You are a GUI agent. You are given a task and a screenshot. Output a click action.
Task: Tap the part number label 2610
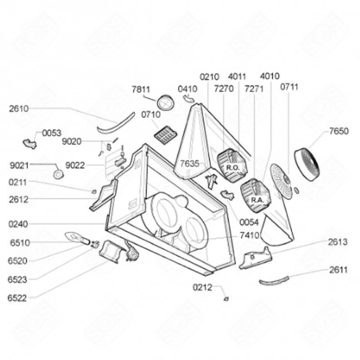pos(19,109)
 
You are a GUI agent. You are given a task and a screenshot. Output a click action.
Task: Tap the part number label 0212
pos(202,288)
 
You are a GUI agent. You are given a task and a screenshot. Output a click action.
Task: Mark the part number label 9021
pos(19,165)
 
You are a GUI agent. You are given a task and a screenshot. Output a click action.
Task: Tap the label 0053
pos(51,133)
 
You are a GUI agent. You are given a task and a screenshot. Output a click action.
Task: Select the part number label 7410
pos(249,237)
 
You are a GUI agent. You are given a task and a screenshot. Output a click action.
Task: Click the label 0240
pos(19,224)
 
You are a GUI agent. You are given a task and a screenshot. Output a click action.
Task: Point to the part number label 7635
pos(189,164)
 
